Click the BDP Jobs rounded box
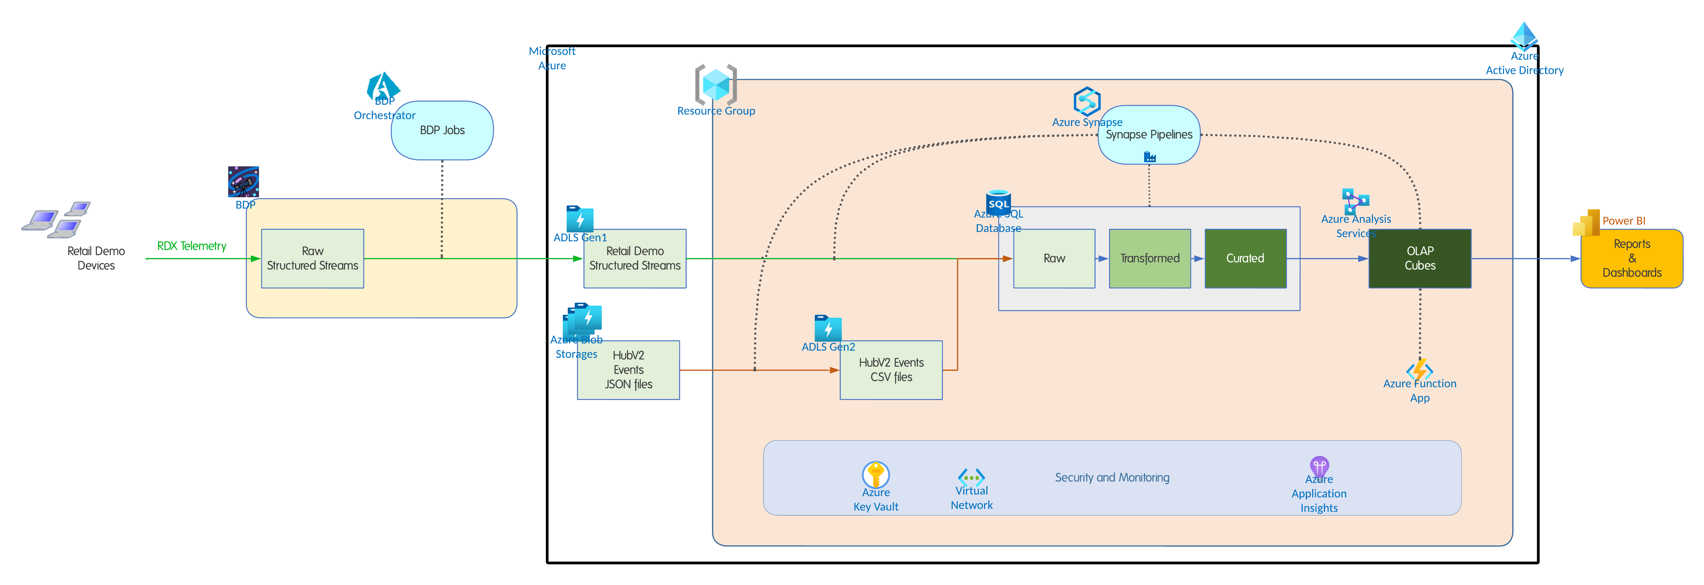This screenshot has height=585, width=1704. pos(442,130)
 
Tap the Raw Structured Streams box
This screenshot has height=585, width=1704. pos(312,258)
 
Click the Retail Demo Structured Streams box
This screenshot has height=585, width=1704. pos(634,258)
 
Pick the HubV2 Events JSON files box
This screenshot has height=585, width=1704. pos(628,370)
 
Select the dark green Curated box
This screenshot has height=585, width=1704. pos(1245,258)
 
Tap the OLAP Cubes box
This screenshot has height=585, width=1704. pos(1420,258)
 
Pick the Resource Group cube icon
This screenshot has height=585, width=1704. pos(716,84)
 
